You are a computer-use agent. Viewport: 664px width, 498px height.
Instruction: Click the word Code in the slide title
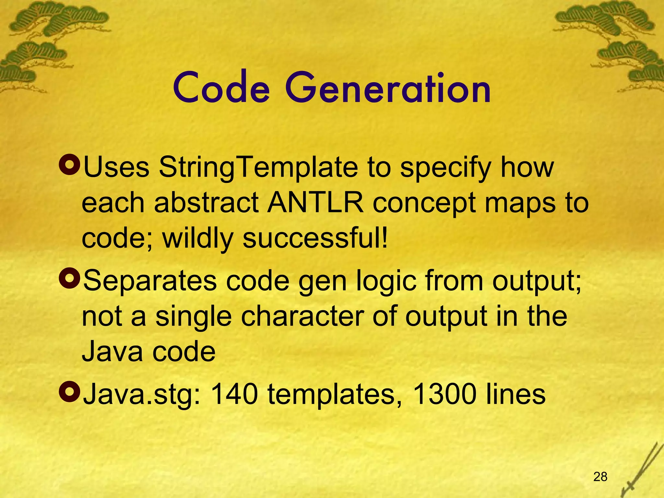pyautogui.click(x=221, y=88)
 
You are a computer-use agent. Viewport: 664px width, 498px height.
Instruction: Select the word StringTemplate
pyautogui.click(x=258, y=168)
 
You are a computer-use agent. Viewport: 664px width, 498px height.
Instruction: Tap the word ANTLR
pyautogui.click(x=315, y=203)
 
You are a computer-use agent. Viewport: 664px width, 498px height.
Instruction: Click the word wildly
pyautogui.click(x=198, y=238)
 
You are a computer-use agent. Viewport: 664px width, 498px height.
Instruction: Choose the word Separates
pyautogui.click(x=150, y=281)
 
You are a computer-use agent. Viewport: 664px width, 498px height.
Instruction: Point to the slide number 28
pyautogui.click(x=600, y=477)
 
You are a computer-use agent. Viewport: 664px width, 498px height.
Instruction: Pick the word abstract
pyautogui.click(x=206, y=203)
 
